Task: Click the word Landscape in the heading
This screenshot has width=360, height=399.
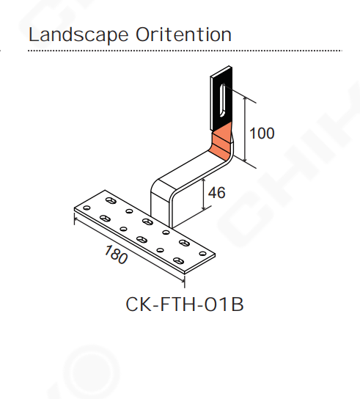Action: (x=78, y=35)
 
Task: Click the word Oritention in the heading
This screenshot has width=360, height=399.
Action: (x=183, y=34)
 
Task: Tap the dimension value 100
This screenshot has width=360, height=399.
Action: (x=262, y=133)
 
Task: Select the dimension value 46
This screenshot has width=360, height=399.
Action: (x=217, y=193)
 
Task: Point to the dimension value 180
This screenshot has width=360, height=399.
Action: (x=116, y=255)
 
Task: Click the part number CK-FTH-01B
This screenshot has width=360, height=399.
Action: (x=185, y=304)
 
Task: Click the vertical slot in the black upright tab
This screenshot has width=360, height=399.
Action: (x=222, y=100)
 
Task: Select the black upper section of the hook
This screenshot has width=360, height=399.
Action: (x=221, y=98)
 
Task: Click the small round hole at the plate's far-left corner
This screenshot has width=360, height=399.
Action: (x=87, y=208)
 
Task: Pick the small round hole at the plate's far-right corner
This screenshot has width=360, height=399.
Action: (x=203, y=254)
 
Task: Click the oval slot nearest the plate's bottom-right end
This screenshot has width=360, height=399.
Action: (x=178, y=260)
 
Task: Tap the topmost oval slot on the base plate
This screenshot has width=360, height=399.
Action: (x=111, y=201)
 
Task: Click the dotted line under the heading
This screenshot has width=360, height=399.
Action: (x=185, y=51)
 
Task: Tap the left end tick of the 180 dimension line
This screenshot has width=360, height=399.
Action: (x=75, y=219)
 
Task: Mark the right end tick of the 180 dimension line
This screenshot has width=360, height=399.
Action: (x=184, y=281)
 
